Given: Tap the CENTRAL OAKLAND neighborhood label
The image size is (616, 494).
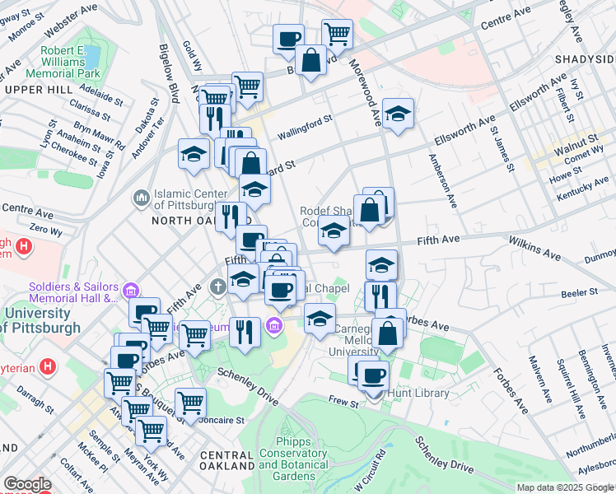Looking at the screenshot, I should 226,460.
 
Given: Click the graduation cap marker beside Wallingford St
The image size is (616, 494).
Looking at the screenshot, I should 398,114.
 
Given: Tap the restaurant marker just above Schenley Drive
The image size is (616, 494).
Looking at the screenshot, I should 245,332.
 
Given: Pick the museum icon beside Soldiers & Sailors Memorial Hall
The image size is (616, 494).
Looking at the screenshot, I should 130,291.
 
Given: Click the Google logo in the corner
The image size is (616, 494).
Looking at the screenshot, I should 26,484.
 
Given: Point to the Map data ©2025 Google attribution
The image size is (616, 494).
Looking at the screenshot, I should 565,487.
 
